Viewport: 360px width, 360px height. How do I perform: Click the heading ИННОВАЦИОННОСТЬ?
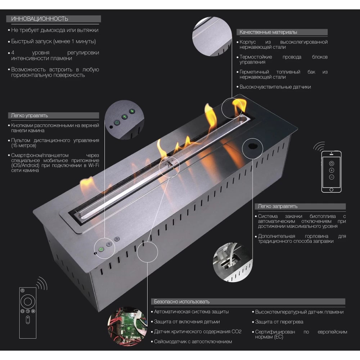(40, 19)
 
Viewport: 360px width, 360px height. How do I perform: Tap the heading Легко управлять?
(30, 116)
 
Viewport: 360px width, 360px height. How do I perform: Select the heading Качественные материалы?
(268, 32)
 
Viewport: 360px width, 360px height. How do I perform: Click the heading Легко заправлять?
(278, 206)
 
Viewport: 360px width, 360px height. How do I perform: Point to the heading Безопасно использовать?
(181, 301)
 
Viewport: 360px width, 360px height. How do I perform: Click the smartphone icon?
(331, 171)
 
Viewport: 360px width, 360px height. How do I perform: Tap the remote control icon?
(28, 313)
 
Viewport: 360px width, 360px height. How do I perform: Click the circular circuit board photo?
(128, 326)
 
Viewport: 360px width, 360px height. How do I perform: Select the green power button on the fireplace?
(101, 249)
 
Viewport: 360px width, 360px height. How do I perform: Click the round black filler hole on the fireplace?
(253, 146)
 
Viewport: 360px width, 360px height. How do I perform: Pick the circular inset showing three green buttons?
(124, 120)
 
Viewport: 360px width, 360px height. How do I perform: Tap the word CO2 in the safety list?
(237, 332)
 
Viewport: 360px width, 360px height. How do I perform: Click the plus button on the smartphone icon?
(331, 170)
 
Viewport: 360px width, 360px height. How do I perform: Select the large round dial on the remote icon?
(28, 301)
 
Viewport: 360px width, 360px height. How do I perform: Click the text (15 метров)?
(24, 145)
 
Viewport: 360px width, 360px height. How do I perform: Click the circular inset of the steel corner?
(212, 36)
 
